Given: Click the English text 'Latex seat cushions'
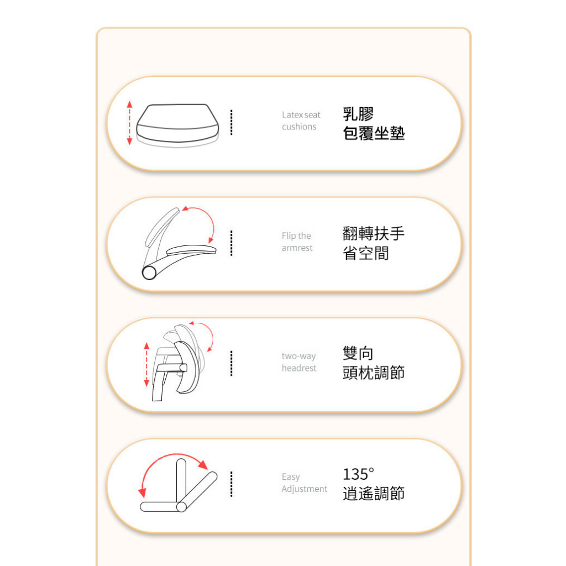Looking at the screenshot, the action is [x=301, y=121].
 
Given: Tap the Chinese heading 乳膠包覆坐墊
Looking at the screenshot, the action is [x=374, y=123].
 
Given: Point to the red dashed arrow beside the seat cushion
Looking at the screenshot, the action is [x=129, y=123].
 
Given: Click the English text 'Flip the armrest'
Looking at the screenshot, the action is [x=297, y=242].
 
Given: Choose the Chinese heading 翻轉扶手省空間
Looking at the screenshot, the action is [x=374, y=243].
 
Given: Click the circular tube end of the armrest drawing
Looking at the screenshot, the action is [x=149, y=272].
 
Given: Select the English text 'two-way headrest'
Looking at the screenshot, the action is [x=299, y=362].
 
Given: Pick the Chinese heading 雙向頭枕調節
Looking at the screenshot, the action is [x=374, y=363].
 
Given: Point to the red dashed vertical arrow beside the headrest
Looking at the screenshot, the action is [x=146, y=365].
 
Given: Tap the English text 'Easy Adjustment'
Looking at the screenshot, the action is [x=305, y=483].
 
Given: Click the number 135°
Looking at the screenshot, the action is [x=358, y=474].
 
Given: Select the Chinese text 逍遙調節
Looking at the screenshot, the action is [x=374, y=494].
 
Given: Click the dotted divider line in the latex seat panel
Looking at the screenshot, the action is [x=232, y=122].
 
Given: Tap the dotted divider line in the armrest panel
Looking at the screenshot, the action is [x=232, y=243].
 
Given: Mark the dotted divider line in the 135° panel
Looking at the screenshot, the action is [x=232, y=484].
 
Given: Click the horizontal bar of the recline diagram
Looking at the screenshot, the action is [x=161, y=507].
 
